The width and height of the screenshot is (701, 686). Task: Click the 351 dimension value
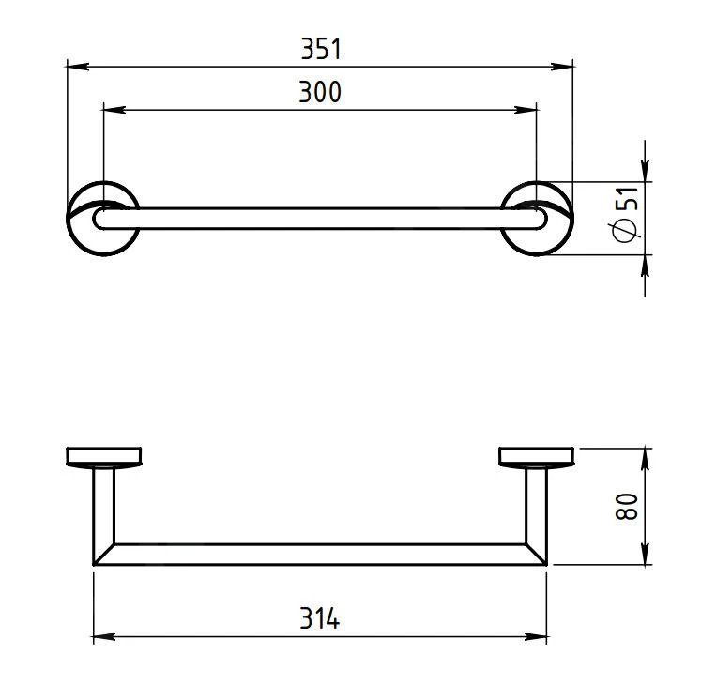321,49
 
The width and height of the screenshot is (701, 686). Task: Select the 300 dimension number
320,92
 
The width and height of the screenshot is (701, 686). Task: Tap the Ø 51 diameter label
626,214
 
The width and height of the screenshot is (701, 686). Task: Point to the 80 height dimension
626,506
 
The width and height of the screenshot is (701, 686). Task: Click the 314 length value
320,618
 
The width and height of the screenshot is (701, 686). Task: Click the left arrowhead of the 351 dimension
77,67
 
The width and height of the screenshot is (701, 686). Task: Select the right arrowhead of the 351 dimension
561,67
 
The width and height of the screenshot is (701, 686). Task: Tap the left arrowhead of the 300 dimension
114,110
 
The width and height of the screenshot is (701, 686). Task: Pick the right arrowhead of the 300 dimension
526,110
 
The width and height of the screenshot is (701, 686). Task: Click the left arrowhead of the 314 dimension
104,637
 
